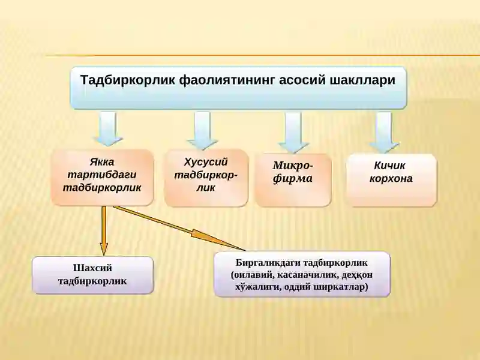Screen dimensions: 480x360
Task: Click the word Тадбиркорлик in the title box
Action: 128,80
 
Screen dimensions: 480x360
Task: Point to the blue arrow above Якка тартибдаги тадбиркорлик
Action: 109,128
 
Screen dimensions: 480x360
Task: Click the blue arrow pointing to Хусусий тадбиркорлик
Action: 202,130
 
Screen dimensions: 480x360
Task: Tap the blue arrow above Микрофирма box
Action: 293,132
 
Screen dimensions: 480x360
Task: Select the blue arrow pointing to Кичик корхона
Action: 384,132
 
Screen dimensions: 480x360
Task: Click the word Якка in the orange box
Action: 102,162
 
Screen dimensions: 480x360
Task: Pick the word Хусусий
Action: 206,162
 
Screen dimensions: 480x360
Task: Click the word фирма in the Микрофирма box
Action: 292,178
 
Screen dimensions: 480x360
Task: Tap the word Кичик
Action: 389,166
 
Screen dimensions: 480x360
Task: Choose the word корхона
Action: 391,178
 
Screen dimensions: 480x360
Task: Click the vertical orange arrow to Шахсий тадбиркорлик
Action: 104,231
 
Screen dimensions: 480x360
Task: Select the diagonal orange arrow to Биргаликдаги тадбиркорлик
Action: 179,229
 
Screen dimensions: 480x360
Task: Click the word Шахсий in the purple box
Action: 92,268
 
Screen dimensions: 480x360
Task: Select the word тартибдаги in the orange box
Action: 102,175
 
